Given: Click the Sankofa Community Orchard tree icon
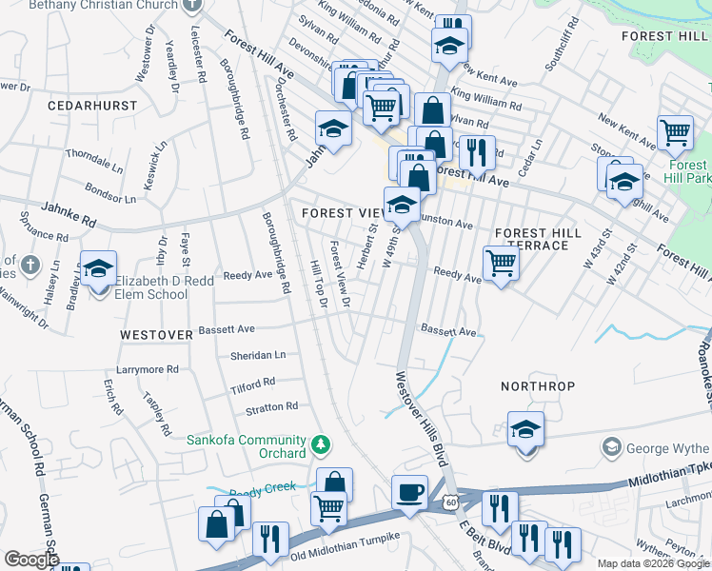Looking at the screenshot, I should pyautogui.click(x=322, y=443).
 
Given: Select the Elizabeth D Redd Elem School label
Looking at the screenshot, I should pyautogui.click(x=151, y=287).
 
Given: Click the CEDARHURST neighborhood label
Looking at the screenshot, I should pyautogui.click(x=95, y=105).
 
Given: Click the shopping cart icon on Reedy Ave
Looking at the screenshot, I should pyautogui.click(x=500, y=264).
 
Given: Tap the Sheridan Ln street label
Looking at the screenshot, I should pyautogui.click(x=258, y=355).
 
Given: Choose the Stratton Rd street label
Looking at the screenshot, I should pyautogui.click(x=271, y=407).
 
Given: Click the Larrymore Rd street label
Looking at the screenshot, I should pyautogui.click(x=147, y=368).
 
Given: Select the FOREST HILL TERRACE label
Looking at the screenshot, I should pyautogui.click(x=538, y=239).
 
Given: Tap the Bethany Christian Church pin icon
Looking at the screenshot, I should pyautogui.click(x=193, y=5).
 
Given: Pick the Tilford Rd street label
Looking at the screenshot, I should pyautogui.click(x=252, y=384).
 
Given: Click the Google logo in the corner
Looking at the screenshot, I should pyautogui.click(x=30, y=560).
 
